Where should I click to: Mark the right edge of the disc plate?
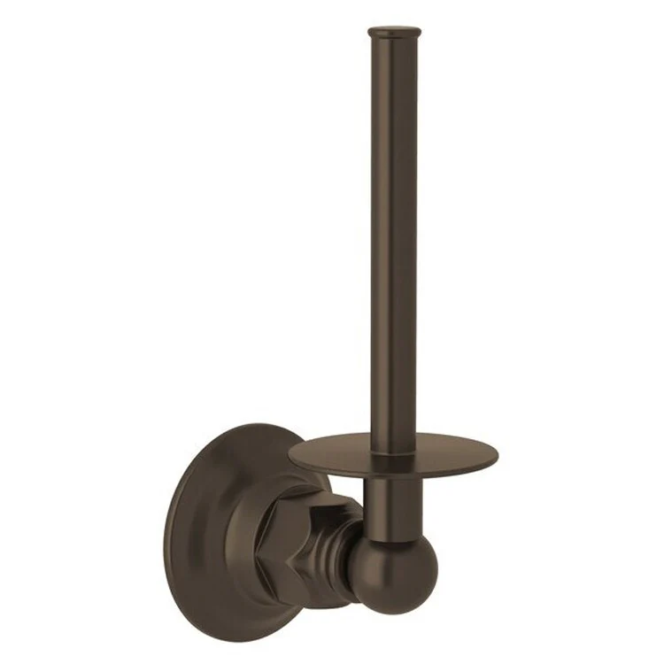[x=498, y=459]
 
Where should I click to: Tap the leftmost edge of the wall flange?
[x=166, y=531]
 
